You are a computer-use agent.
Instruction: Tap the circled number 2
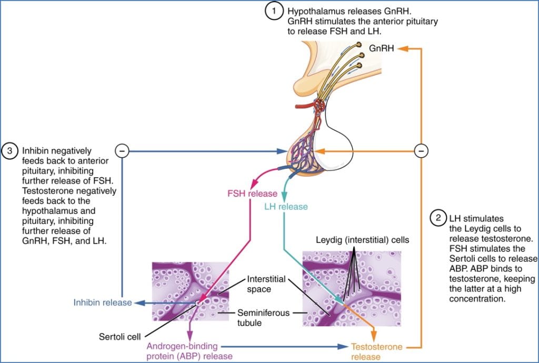coord(437,218)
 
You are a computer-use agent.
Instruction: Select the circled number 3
coord(10,151)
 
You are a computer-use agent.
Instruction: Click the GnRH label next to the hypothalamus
coord(380,48)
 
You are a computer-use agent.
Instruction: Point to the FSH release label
coord(252,194)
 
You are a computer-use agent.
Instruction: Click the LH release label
coord(286,206)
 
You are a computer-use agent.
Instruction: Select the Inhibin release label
coord(103,303)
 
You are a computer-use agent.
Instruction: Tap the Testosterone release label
coord(377,352)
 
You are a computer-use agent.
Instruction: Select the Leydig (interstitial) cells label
coord(362,240)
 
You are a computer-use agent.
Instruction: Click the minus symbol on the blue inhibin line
coord(122,152)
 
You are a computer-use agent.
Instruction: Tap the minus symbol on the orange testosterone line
coord(421,152)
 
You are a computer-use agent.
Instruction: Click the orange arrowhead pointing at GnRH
coord(404,48)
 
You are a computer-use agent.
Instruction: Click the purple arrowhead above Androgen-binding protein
coord(191,336)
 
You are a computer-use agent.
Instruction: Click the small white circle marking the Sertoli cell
coord(197,303)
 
